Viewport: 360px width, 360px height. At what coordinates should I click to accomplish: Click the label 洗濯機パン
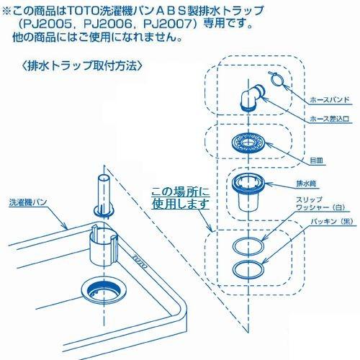(28, 203)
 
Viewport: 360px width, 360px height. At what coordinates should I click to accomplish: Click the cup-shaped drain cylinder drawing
(248, 189)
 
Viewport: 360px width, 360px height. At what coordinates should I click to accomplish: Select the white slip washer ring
(248, 245)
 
